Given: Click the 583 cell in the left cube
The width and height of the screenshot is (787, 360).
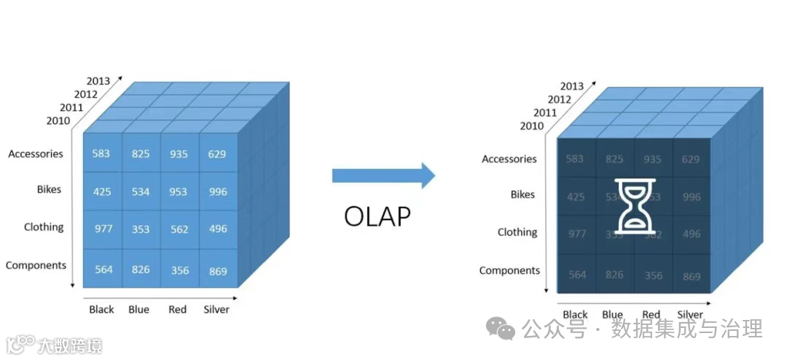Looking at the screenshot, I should click(102, 154).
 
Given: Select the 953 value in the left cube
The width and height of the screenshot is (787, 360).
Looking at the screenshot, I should click(179, 192).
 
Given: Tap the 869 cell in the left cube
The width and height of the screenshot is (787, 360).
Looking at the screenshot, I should click(217, 271).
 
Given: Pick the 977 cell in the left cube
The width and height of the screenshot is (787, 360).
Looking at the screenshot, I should click(103, 229).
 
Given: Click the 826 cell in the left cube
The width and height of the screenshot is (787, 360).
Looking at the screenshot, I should click(141, 270).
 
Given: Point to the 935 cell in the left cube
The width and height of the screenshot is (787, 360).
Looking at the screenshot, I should click(179, 154).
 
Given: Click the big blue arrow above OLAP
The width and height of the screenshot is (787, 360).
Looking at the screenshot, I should click(383, 175).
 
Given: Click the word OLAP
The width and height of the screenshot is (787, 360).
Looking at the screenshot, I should click(377, 216).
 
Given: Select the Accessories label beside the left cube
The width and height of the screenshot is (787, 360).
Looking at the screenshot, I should click(36, 154).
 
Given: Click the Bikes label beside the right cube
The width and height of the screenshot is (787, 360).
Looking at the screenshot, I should click(522, 195).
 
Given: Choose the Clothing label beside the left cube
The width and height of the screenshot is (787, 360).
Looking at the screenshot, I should click(44, 227).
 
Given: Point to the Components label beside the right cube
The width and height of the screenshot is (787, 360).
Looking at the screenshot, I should click(509, 270).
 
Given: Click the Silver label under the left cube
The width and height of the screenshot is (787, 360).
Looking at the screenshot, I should click(216, 309).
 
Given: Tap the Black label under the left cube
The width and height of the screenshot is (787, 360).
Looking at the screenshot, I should click(101, 309).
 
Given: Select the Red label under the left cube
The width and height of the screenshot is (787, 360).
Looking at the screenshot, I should click(178, 309).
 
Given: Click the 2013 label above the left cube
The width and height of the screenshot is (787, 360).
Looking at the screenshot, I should click(98, 81).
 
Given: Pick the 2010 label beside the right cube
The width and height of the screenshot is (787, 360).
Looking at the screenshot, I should click(532, 126).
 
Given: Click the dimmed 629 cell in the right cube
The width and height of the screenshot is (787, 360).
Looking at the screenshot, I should click(691, 159).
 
